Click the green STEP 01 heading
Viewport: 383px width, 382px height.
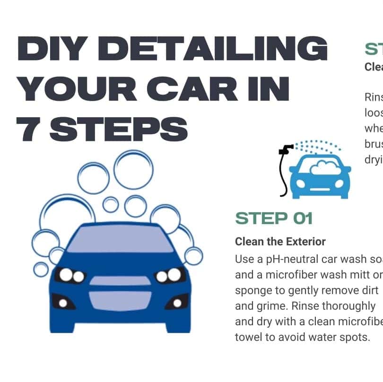[274, 218]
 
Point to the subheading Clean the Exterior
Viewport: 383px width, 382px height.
[280, 242]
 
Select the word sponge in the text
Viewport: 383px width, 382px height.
[253, 290]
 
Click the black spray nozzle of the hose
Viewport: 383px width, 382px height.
[286, 150]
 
